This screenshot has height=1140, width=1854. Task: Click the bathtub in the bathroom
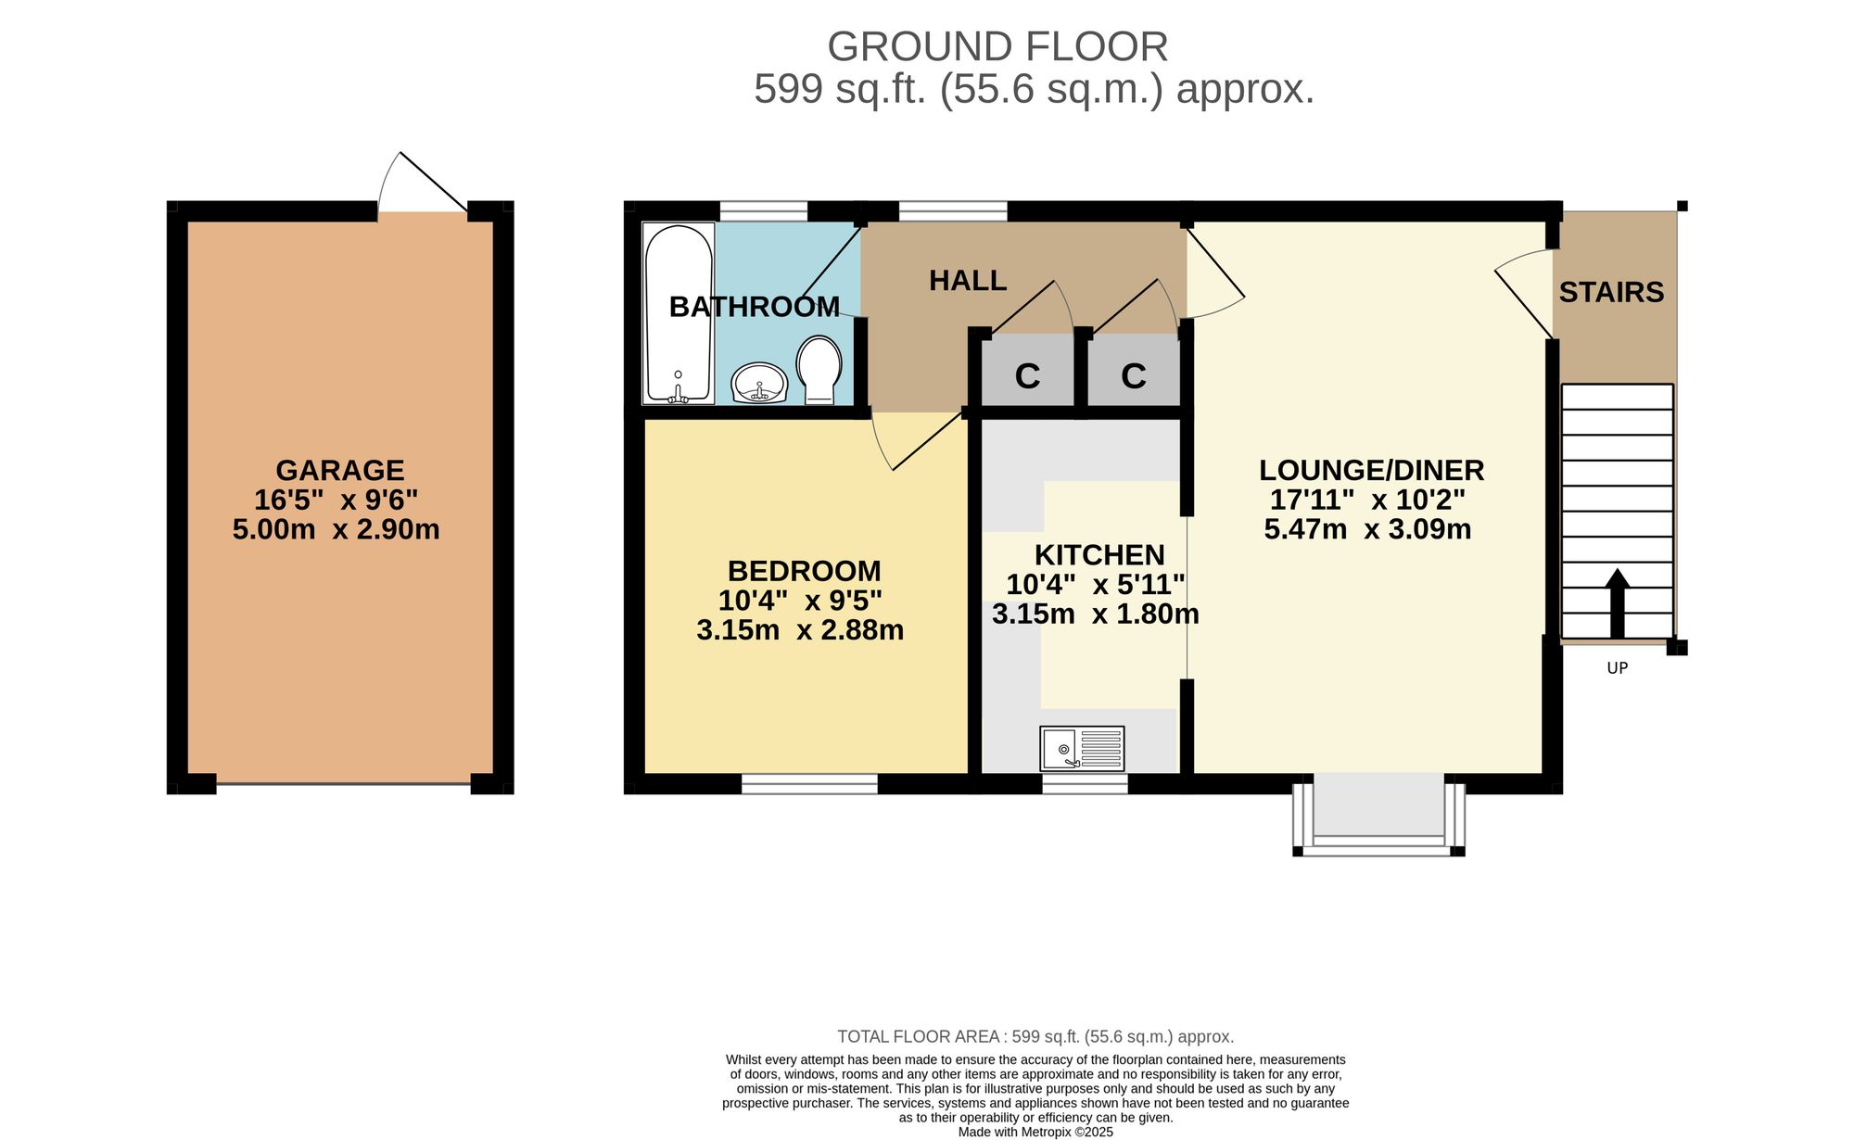(679, 313)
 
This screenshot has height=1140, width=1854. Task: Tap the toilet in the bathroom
(819, 369)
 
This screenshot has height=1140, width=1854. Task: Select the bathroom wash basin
(759, 383)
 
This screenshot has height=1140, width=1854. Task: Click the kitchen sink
(1082, 749)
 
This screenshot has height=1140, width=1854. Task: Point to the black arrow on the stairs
(1617, 603)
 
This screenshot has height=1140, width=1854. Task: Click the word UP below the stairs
(1617, 667)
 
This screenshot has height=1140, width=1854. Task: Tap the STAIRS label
(1611, 292)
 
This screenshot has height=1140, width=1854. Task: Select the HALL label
(968, 280)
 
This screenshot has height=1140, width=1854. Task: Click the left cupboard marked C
(1027, 371)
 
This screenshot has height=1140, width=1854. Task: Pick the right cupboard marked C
(1134, 371)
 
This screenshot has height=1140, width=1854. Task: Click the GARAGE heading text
(340, 470)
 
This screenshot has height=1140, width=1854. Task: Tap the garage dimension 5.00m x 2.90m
(336, 529)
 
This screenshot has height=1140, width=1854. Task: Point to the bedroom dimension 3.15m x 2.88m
(800, 630)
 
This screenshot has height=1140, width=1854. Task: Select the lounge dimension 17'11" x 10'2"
(1367, 500)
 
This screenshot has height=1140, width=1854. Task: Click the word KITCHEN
(1099, 554)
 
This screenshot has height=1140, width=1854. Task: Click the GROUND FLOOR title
(997, 46)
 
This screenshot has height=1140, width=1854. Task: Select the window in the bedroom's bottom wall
(809, 784)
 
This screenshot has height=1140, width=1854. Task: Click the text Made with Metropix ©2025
(1035, 1132)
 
